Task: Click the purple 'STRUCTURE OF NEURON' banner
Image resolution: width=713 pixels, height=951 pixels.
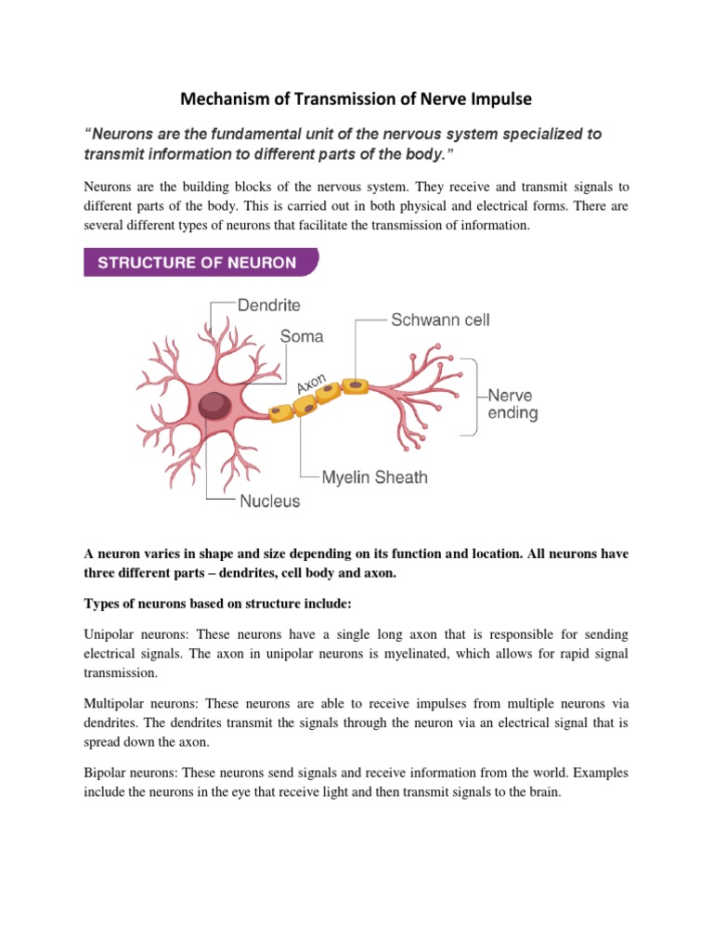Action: click(x=201, y=263)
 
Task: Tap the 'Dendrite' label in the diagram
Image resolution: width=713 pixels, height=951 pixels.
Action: click(x=269, y=305)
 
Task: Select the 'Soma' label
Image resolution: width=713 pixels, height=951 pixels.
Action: click(x=302, y=335)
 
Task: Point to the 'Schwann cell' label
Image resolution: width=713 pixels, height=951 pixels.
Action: click(x=440, y=319)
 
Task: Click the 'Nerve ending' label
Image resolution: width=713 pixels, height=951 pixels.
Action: click(x=513, y=403)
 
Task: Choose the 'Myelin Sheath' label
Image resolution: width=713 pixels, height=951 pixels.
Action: click(x=374, y=477)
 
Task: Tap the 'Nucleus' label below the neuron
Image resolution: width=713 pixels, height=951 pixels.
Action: click(x=270, y=501)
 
